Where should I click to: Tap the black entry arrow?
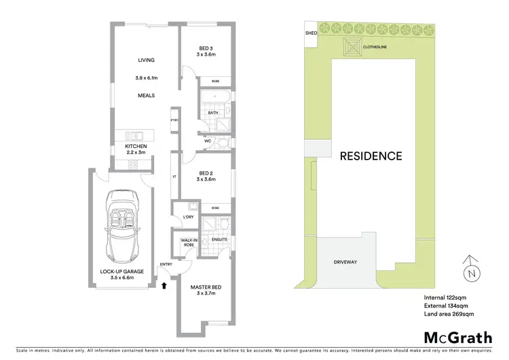(164, 287)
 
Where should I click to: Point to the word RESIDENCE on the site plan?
(371, 156)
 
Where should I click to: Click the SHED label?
(312, 32)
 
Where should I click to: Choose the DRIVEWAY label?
(345, 262)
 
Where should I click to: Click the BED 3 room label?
(206, 48)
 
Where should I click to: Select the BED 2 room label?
(206, 173)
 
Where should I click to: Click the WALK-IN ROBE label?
(189, 242)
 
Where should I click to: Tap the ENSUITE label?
(219, 239)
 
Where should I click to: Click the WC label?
(209, 141)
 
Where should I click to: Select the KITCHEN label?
(136, 146)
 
